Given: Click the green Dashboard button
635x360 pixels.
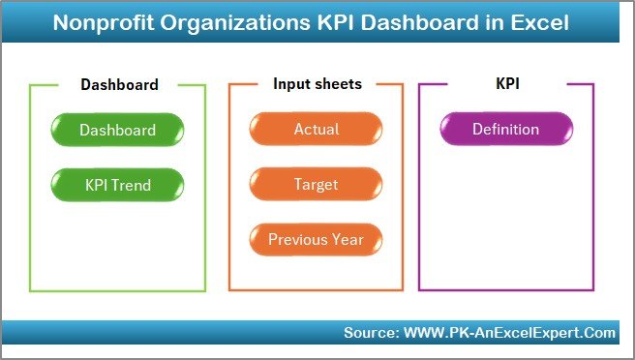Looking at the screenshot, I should pyautogui.click(x=117, y=130).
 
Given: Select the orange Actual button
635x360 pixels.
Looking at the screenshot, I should pyautogui.click(x=316, y=130).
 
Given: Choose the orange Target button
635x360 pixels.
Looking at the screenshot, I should pyautogui.click(x=316, y=184).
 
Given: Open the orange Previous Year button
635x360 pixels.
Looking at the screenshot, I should pyautogui.click(x=316, y=239).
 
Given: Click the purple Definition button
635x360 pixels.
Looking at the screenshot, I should pyautogui.click(x=506, y=129).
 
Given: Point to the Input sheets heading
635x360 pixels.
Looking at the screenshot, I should pyautogui.click(x=317, y=84).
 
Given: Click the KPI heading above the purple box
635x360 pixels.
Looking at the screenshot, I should pyautogui.click(x=507, y=84).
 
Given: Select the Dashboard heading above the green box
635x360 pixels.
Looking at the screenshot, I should pyautogui.click(x=119, y=84).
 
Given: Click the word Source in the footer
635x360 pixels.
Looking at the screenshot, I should pyautogui.click(x=369, y=333).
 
